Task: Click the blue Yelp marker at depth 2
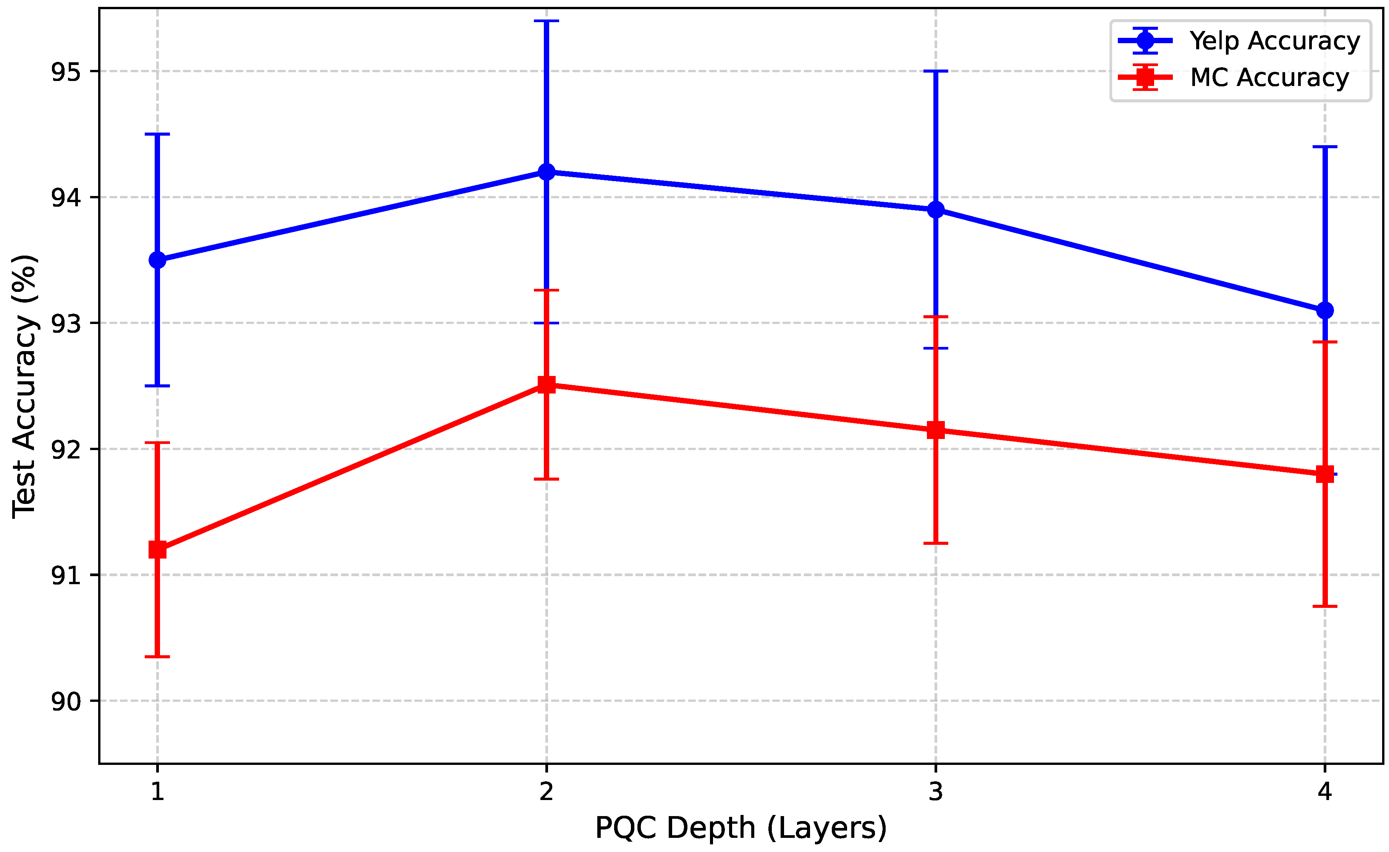click(x=546, y=172)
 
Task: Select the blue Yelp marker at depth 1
click(x=157, y=260)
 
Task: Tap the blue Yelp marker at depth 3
click(x=936, y=210)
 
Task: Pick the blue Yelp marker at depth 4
click(x=1325, y=310)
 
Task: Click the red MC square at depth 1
click(x=157, y=549)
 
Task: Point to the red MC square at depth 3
click(x=936, y=430)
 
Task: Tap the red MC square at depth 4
click(x=1325, y=474)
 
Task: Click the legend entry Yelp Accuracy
click(x=1274, y=40)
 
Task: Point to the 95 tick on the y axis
click(x=66, y=71)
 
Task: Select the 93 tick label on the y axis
click(x=66, y=324)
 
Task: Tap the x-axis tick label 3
click(x=936, y=792)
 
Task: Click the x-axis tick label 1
click(x=157, y=792)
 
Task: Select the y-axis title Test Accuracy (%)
click(x=25, y=386)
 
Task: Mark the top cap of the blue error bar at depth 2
click(x=546, y=21)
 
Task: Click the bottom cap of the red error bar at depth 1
click(x=157, y=656)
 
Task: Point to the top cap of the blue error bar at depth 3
click(x=936, y=71)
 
